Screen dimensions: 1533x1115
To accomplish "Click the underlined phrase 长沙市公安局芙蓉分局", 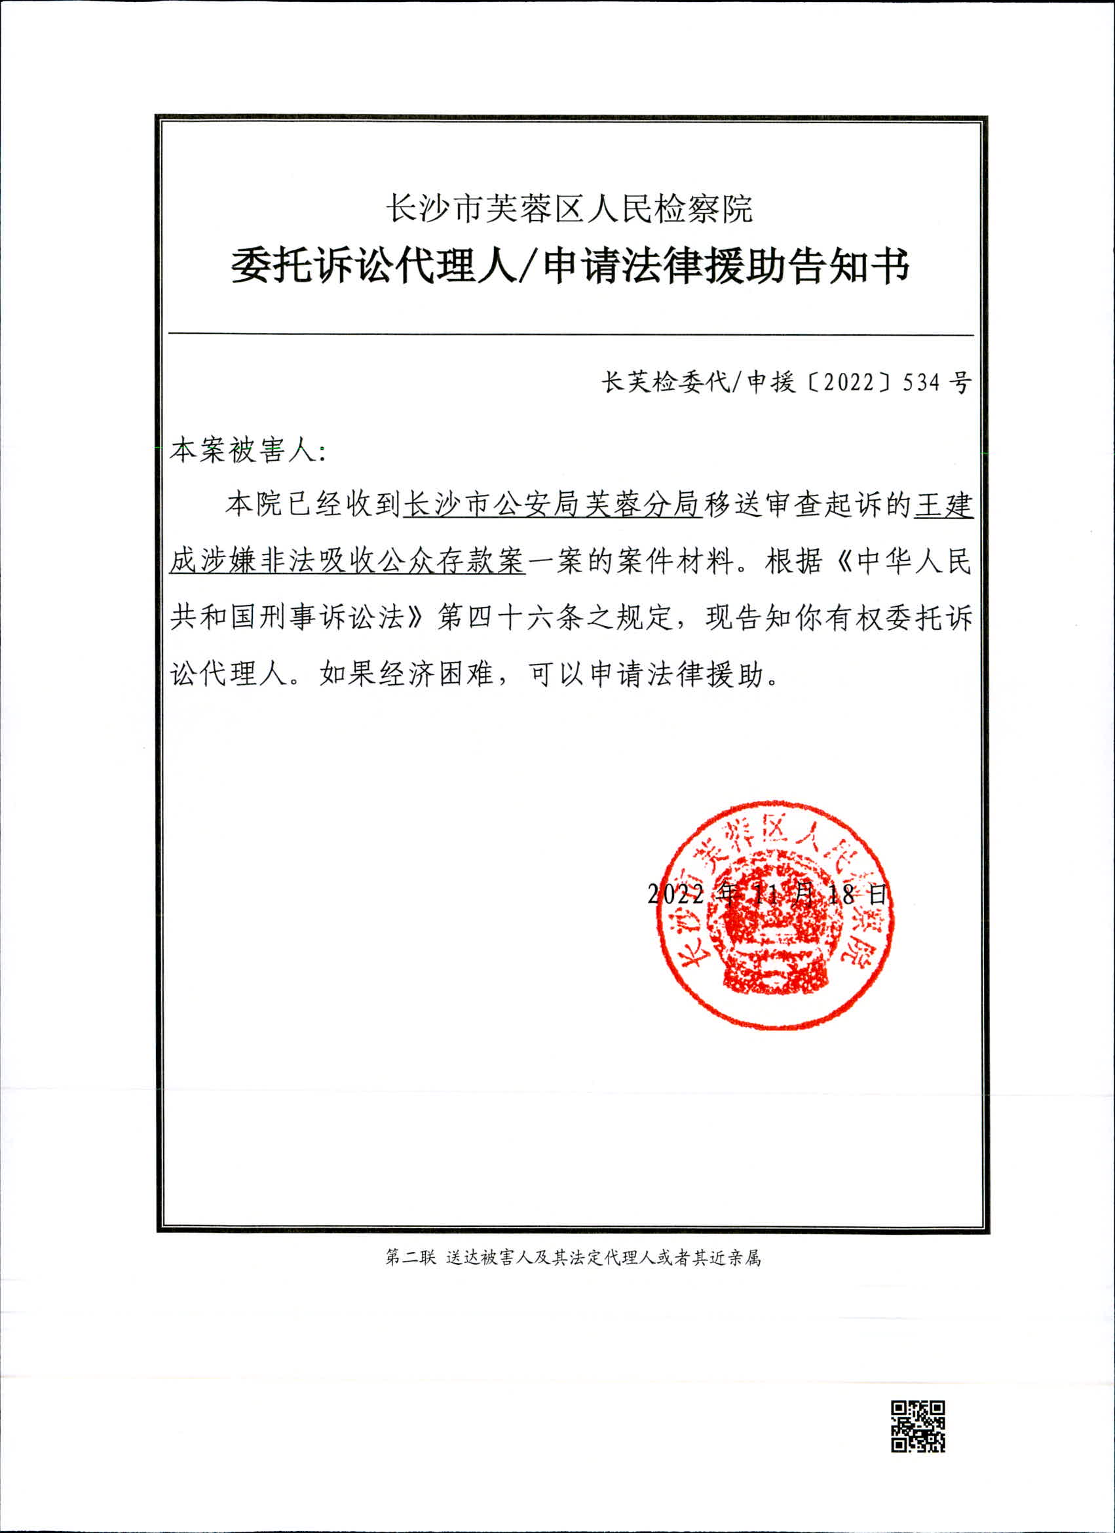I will pyautogui.click(x=552, y=505).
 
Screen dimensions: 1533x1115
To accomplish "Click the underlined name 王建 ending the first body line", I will pyautogui.click(x=943, y=505).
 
